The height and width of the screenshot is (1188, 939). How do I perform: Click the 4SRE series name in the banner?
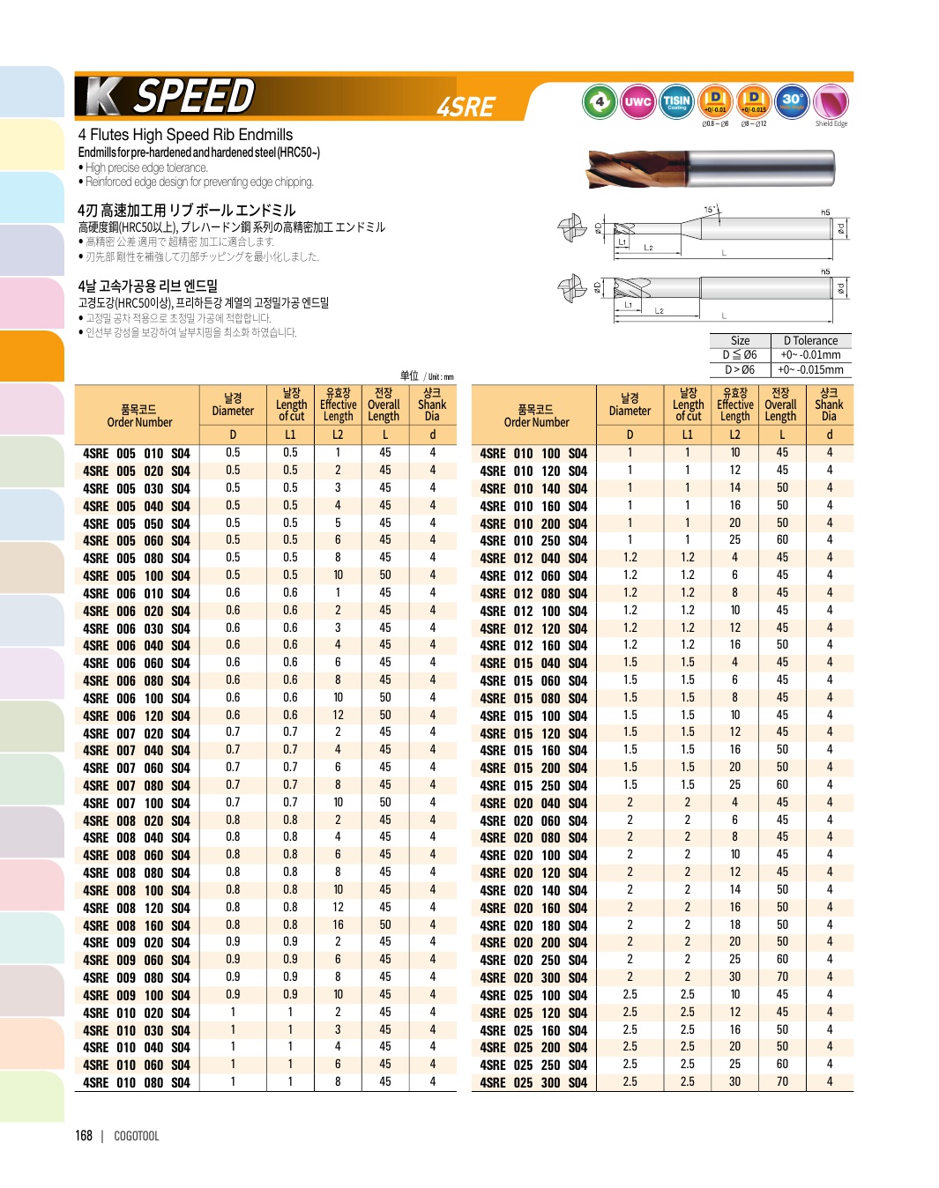click(x=466, y=107)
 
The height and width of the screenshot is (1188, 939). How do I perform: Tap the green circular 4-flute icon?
click(x=600, y=101)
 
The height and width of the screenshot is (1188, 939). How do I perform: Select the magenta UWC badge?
click(x=637, y=101)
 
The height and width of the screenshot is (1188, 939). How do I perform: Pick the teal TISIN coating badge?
click(x=676, y=101)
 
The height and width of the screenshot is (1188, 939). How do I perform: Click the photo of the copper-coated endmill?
click(x=710, y=167)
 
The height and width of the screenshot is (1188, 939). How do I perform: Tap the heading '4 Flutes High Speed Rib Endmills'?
click(x=185, y=135)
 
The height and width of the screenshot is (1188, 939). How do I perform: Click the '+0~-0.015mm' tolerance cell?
click(x=811, y=370)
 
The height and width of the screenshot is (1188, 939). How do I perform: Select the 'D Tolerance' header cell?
click(x=811, y=341)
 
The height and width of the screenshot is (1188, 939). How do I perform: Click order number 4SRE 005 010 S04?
click(x=137, y=454)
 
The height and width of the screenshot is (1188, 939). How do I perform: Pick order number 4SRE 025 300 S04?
click(x=533, y=1083)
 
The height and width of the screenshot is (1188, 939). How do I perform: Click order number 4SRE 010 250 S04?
click(x=533, y=541)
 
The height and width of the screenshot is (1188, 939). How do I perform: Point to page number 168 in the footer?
click(x=84, y=1136)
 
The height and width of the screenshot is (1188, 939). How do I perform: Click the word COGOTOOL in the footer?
click(x=137, y=1137)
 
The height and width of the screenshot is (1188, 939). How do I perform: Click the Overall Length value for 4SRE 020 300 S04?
click(x=782, y=977)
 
